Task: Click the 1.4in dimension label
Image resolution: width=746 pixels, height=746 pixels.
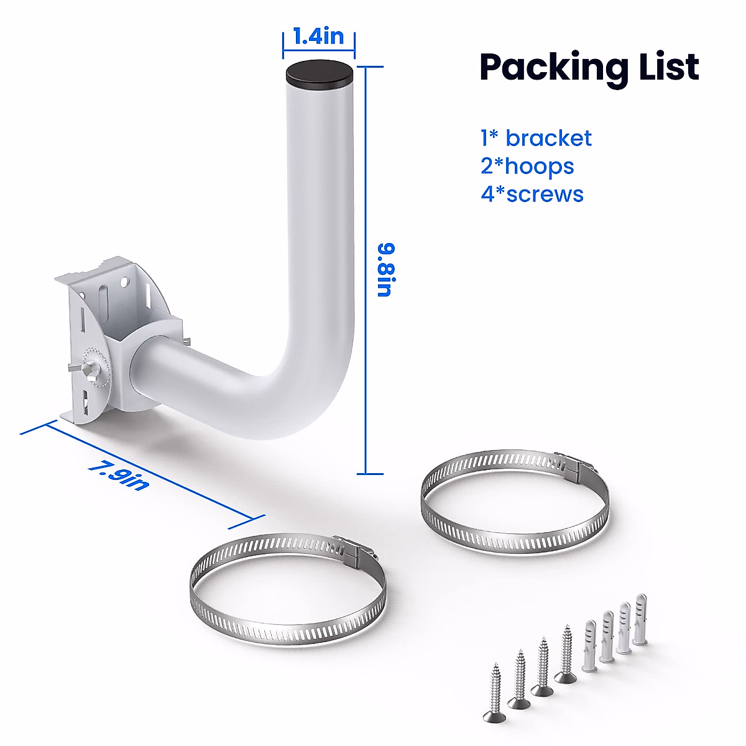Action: click(x=318, y=36)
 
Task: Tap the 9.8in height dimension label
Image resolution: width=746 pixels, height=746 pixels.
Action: click(x=386, y=270)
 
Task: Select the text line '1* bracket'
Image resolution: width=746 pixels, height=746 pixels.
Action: click(x=536, y=138)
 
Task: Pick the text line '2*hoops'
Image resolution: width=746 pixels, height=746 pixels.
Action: click(x=527, y=166)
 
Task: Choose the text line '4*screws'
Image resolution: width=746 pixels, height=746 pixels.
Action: click(x=532, y=194)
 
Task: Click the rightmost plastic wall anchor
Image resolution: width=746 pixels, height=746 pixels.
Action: click(x=641, y=619)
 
